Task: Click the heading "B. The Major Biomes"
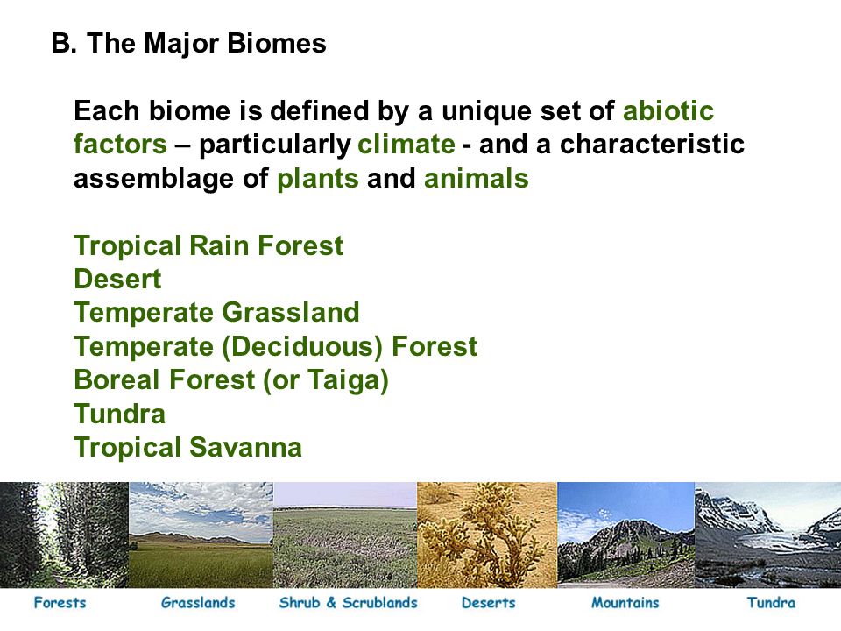pos(189,43)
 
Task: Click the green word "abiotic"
pos(668,110)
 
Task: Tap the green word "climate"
pos(406,145)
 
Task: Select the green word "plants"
pos(317,179)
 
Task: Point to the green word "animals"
pos(476,178)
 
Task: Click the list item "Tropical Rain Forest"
pos(208,245)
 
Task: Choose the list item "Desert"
pos(117,279)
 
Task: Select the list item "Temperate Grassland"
pos(216,313)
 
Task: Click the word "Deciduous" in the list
pos(302,347)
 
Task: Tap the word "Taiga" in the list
pos(343,380)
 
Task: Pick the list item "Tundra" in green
pos(120,415)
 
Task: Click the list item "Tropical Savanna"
pos(187,448)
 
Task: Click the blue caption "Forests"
pos(60,603)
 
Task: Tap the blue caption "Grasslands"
pos(198,603)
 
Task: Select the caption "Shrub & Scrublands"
pos(348,603)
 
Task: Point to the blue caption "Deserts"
pos(488,603)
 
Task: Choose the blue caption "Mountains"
pos(625,603)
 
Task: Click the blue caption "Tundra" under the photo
pos(771,603)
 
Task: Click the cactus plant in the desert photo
pos(485,536)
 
